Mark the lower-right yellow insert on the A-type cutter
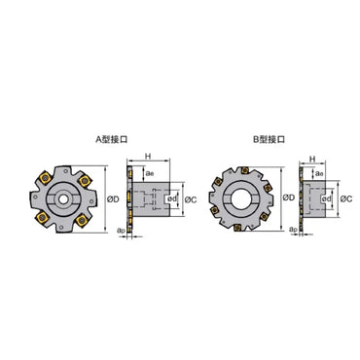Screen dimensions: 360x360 pyautogui.click(x=82, y=217)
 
